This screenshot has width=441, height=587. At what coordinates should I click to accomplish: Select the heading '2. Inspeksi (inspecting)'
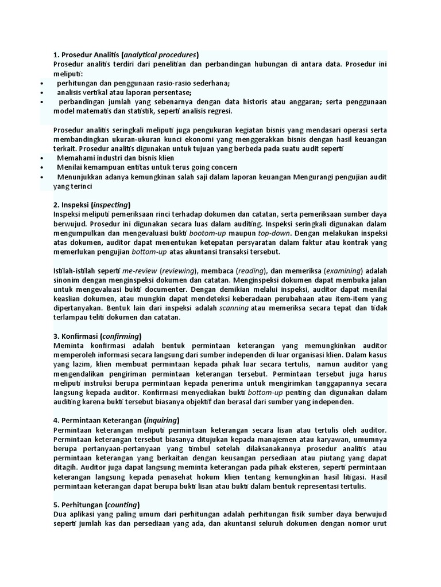(x=92, y=205)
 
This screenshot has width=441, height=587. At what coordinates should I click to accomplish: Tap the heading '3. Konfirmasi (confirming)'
(x=98, y=336)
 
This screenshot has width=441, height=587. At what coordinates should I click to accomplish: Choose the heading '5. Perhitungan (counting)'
(x=96, y=505)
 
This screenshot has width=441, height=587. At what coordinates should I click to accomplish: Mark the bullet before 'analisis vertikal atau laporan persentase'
(x=42, y=92)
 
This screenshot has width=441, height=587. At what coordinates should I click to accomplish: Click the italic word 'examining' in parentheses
(x=345, y=271)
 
